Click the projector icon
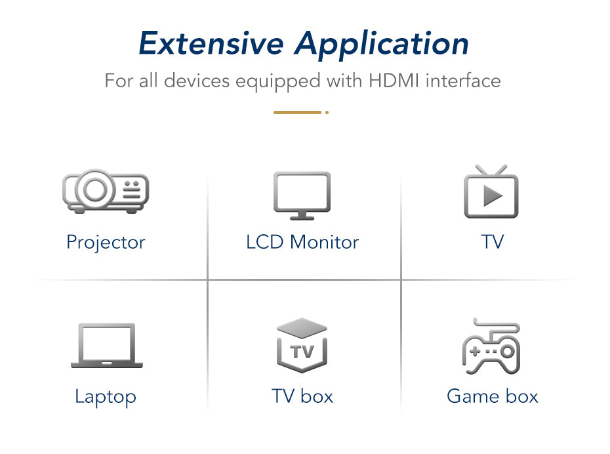[x=106, y=192]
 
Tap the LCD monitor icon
[x=302, y=195]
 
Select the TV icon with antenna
[x=491, y=192]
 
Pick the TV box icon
[x=302, y=346]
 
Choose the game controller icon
[x=492, y=346]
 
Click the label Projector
[x=106, y=243]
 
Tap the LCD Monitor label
[x=302, y=242]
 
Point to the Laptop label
[x=106, y=396]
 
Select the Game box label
[x=492, y=396]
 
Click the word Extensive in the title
[x=211, y=44]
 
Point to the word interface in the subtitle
[x=463, y=81]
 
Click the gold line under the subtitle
[x=298, y=112]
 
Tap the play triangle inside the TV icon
[x=493, y=196]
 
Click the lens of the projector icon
[x=96, y=190]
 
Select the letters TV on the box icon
[x=302, y=352]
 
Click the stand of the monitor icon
[x=302, y=215]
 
